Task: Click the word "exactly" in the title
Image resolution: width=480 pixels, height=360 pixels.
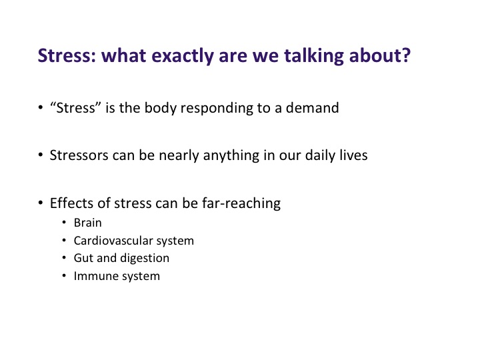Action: coord(183,56)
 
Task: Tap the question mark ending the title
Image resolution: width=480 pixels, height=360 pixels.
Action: coord(405,55)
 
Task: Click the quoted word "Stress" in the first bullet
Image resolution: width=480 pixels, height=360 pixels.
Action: coord(75,108)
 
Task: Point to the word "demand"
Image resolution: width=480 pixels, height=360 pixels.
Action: coord(312,108)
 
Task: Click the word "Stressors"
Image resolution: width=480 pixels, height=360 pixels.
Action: coord(79,155)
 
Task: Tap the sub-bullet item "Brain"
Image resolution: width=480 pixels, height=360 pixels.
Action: coord(87,223)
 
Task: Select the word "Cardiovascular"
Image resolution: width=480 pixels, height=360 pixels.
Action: coord(113,241)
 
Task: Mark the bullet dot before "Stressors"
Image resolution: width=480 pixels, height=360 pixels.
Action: coord(41,155)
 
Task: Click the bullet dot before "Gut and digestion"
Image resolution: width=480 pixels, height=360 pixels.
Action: coord(64,258)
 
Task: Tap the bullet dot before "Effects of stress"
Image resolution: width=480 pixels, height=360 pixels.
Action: coord(41,203)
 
